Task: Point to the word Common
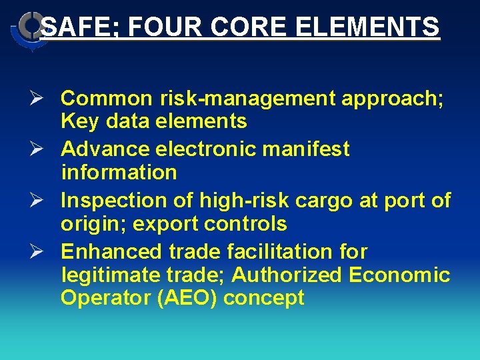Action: click(107, 99)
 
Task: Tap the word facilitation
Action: click(278, 252)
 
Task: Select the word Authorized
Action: click(289, 275)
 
